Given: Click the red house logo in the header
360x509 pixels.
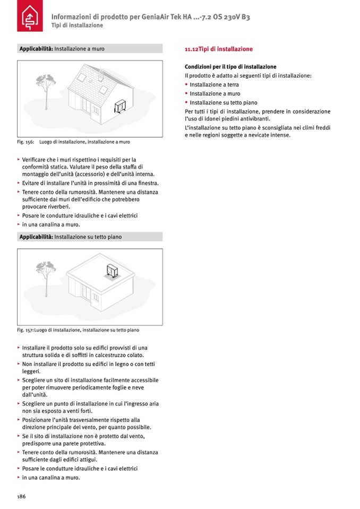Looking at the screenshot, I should click(x=28, y=19).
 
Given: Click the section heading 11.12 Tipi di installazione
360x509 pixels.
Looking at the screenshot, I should click(x=218, y=49).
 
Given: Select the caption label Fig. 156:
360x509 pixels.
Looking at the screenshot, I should click(x=25, y=142).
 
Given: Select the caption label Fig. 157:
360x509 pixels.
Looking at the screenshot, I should click(x=25, y=330).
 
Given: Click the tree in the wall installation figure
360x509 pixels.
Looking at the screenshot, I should click(x=44, y=90).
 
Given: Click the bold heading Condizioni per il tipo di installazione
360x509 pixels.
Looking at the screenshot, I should click(x=230, y=67).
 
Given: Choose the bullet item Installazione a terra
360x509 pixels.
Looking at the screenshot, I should click(x=214, y=85).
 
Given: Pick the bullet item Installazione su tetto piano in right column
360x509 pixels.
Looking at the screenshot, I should click(x=224, y=102).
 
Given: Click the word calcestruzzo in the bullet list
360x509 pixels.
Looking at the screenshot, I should click(x=114, y=355).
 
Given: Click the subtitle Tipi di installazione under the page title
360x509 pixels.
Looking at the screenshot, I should click(x=77, y=26).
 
